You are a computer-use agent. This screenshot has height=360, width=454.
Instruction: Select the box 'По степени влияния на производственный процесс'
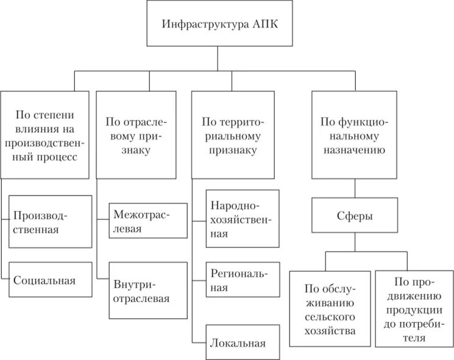click(46, 135)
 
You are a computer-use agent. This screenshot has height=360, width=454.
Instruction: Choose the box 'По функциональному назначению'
click(352, 135)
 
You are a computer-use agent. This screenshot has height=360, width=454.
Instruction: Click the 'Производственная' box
click(47, 222)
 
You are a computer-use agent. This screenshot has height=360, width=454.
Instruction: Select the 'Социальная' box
click(47, 281)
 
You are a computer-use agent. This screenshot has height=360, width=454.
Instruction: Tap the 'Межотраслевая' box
click(147, 221)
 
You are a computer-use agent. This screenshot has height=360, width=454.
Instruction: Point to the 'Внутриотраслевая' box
click(147, 291)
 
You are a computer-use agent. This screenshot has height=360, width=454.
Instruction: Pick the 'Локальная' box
click(242, 342)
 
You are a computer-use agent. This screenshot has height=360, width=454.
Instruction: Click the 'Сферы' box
click(352, 216)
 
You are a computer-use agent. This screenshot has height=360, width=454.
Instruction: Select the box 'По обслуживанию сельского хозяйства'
click(330, 309)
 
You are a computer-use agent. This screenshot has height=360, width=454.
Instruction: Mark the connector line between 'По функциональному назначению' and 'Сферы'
click(352, 189)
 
